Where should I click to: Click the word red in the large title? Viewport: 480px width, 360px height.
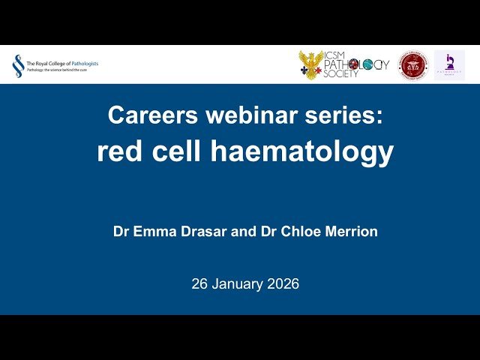[120, 151]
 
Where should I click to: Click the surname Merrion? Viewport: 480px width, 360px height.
[348, 232]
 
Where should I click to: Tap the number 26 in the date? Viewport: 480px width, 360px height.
[199, 284]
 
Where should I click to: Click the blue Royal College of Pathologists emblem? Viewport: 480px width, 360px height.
[17, 66]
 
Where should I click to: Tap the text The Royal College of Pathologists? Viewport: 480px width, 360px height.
[62, 64]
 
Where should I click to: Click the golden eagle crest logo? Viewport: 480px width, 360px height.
[310, 65]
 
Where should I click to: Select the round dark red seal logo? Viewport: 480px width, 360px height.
[412, 65]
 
